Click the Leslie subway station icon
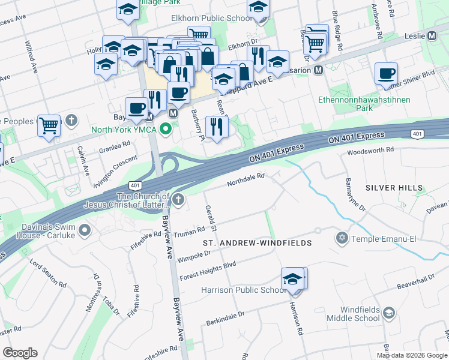(x=432, y=36)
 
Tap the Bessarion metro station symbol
(x=319, y=70)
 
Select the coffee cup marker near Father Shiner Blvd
(x=386, y=74)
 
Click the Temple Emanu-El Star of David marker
(x=343, y=239)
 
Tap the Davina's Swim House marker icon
(x=85, y=230)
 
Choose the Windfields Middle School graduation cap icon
(x=389, y=312)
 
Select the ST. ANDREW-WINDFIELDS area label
(x=257, y=243)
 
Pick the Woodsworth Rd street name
(x=371, y=150)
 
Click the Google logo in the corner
(x=20, y=353)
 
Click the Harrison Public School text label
(x=243, y=290)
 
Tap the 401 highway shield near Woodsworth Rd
(x=418, y=134)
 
